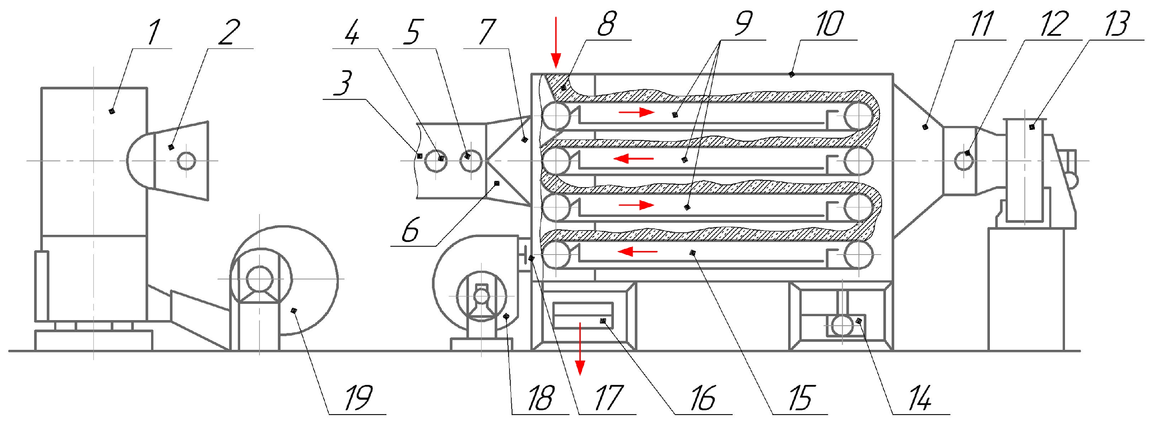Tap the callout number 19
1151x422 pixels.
pyautogui.click(x=359, y=398)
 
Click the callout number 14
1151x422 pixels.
pyautogui.click(x=920, y=398)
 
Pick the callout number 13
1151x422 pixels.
pyautogui.click(x=1117, y=24)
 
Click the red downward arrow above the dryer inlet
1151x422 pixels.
pyautogui.click(x=555, y=42)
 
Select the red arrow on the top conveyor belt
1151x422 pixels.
pyautogui.click(x=637, y=112)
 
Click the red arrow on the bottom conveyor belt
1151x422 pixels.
pyautogui.click(x=638, y=251)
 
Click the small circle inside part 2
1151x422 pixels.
pyautogui.click(x=186, y=160)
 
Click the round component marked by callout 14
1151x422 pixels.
pyautogui.click(x=842, y=325)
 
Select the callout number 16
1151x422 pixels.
pyautogui.click(x=703, y=398)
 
